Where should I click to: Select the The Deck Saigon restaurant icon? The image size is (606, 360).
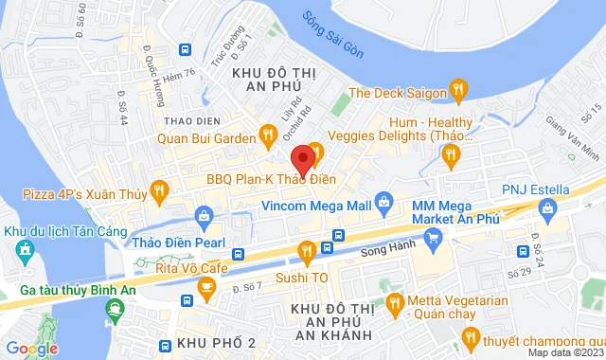(x=458, y=91)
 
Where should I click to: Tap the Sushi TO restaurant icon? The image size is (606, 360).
(x=306, y=251)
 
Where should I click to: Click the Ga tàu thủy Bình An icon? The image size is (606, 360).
(x=116, y=307)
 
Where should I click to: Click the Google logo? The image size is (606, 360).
(x=30, y=348)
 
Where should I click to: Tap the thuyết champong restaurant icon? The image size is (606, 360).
(x=470, y=336)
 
